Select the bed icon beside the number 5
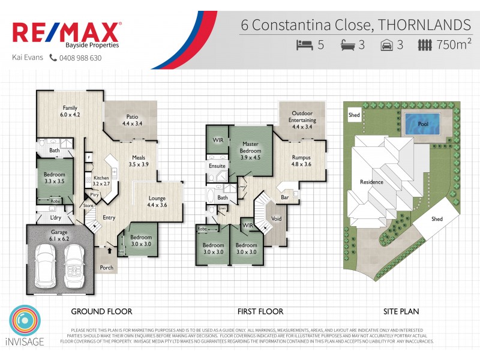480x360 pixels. [x=305, y=45]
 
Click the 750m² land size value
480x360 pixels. [x=454, y=45]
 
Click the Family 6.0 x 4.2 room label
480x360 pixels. [x=70, y=111]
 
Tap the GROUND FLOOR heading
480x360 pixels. [x=101, y=311]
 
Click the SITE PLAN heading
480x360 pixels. [x=401, y=311]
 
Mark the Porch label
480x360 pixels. [x=107, y=268]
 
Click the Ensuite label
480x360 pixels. [x=217, y=166]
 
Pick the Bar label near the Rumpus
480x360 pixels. [x=285, y=197]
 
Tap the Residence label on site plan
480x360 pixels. [x=371, y=182]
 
